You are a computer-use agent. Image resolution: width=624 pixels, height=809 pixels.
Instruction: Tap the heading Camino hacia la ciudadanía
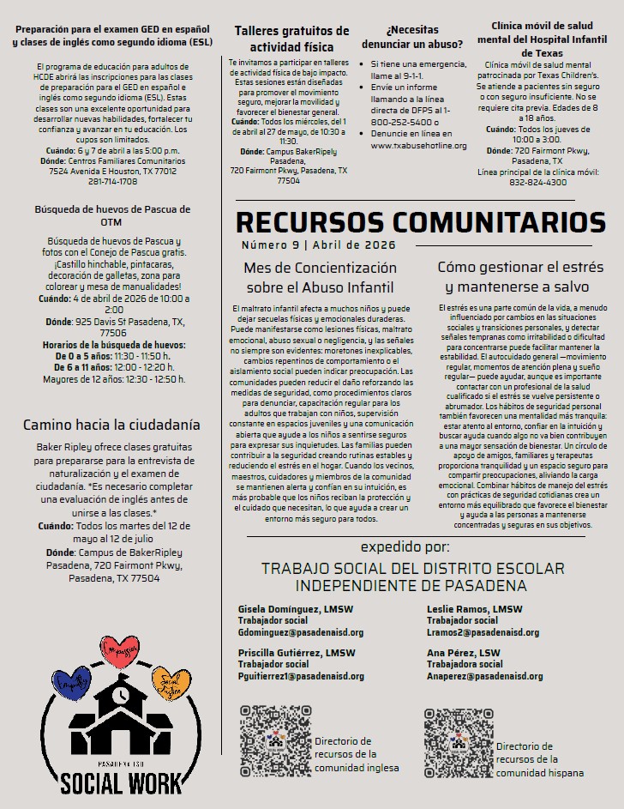pyautogui.click(x=111, y=425)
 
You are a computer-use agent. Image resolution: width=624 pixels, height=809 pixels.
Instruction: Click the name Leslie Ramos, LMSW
pyautogui.click(x=474, y=609)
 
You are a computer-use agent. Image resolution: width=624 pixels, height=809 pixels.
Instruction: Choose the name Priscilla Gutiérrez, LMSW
pyautogui.click(x=297, y=653)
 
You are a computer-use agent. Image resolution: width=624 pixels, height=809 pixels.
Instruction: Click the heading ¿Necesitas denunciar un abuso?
pyautogui.click(x=413, y=36)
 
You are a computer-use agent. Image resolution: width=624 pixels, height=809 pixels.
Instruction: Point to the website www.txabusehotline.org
pyautogui.click(x=419, y=146)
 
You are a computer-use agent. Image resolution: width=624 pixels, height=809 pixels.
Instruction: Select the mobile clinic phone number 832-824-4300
pyautogui.click(x=537, y=182)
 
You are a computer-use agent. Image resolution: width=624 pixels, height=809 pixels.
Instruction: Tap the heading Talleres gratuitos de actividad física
pyautogui.click(x=291, y=39)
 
